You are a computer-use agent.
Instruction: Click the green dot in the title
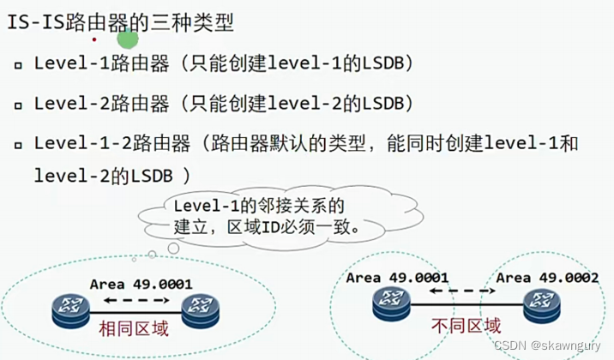pos(127,39)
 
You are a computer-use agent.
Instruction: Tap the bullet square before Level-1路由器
pos(18,66)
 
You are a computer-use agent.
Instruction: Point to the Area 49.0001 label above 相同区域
pos(141,284)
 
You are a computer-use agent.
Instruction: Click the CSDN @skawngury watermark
pos(549,345)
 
